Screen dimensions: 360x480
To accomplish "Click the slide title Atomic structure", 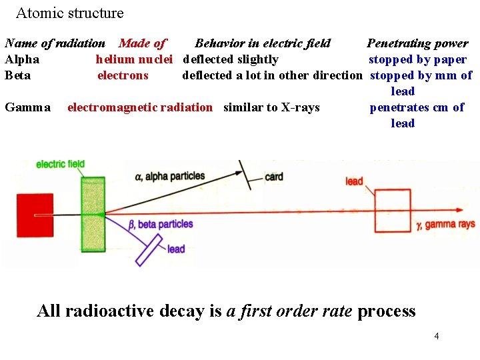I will (69, 13).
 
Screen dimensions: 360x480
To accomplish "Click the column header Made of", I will (142, 43).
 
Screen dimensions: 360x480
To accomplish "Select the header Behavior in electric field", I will (263, 43).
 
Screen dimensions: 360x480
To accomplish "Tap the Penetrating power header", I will (417, 43).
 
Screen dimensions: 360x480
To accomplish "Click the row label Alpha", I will (22, 59).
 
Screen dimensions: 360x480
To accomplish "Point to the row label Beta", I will (18, 75).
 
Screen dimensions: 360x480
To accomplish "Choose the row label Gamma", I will (27, 107).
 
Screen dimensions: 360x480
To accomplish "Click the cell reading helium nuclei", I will (134, 59).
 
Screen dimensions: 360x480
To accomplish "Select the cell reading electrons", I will (123, 75).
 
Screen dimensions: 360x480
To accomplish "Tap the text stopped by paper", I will (418, 59).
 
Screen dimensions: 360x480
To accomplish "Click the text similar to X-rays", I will (271, 107).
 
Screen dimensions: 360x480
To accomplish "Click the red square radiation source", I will (35, 214).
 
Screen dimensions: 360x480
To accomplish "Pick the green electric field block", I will (93, 213).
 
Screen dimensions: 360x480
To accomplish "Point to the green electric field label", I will (60, 164).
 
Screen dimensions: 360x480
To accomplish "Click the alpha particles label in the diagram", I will (169, 177).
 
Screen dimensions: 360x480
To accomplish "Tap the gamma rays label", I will (445, 225).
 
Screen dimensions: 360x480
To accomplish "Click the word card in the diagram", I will (274, 177).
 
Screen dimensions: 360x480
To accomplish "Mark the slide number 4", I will (436, 336).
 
